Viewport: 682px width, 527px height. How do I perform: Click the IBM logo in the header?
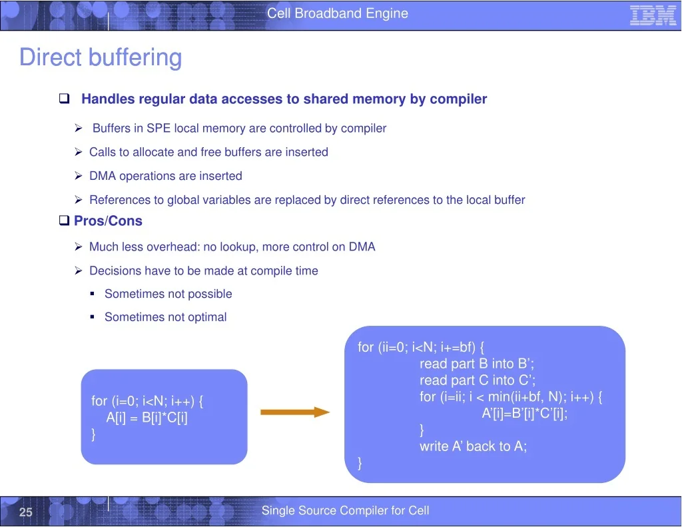(653, 15)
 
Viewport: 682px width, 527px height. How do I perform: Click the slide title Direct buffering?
(101, 57)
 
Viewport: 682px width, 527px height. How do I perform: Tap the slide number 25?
(26, 512)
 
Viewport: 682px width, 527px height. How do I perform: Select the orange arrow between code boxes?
(295, 412)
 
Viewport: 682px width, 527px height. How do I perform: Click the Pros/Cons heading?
(108, 221)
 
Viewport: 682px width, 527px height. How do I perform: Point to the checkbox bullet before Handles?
(65, 99)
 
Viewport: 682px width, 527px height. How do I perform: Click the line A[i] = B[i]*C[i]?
(147, 418)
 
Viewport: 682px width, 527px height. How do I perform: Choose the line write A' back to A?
(474, 446)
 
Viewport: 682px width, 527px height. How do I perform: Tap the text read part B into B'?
(477, 363)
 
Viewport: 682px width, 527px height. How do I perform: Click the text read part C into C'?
(477, 380)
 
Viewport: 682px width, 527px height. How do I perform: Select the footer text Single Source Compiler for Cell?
(346, 510)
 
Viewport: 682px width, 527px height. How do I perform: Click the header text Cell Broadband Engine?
(338, 13)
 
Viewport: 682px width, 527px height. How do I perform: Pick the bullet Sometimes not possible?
(169, 294)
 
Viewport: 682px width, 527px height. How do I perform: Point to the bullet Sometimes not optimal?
(166, 317)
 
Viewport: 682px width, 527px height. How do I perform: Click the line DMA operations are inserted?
(166, 176)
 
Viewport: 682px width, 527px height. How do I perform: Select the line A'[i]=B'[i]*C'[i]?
(525, 413)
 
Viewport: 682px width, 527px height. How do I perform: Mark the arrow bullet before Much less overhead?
(79, 247)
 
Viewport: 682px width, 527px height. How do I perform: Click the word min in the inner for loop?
(500, 397)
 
